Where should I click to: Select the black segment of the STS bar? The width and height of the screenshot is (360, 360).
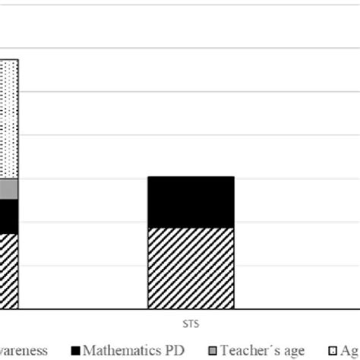coord(190,202)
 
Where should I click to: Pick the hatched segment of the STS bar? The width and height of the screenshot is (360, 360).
coord(190,268)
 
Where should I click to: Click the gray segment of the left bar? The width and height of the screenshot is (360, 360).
coord(8,189)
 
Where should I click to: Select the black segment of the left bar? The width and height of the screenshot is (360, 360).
coord(8,216)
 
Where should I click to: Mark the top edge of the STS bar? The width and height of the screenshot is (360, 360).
coord(190,177)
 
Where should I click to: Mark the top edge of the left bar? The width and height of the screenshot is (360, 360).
coord(8,59)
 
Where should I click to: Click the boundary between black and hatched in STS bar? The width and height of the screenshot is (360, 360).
coord(190,227)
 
